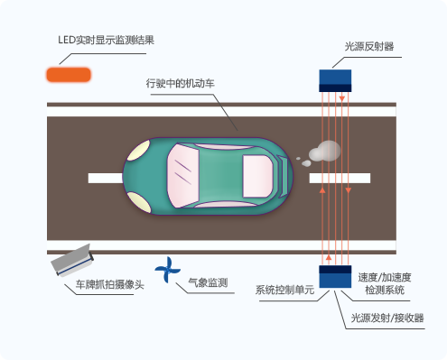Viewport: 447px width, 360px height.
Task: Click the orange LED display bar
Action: tap(69, 75)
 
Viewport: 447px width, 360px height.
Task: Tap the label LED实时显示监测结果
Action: tap(107, 40)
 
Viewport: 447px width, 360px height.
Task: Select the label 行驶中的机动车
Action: tap(181, 83)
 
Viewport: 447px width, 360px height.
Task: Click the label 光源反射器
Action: tap(369, 47)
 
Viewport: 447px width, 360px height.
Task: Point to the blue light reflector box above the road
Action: tap(335, 80)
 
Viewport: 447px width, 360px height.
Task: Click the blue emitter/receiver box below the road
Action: tap(335, 276)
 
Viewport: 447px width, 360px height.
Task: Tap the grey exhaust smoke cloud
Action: tap(324, 151)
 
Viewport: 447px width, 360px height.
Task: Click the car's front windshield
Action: tap(182, 176)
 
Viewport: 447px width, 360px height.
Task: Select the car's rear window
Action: tap(257, 176)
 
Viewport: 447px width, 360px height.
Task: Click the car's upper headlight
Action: tap(139, 151)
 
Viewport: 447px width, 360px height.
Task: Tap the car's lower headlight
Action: tap(139, 202)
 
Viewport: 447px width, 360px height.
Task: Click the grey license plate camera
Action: tap(72, 260)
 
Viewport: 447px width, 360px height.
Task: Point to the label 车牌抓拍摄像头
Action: tap(110, 284)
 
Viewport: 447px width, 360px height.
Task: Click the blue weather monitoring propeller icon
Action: tap(167, 270)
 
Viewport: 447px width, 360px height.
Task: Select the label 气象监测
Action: tap(208, 282)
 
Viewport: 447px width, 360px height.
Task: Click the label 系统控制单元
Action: tap(284, 290)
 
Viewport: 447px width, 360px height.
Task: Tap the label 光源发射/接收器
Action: tap(387, 318)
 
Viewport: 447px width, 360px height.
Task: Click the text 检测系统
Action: tap(385, 291)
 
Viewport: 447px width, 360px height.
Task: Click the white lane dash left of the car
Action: tap(106, 178)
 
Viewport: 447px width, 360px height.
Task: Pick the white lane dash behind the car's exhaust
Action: tap(340, 178)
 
